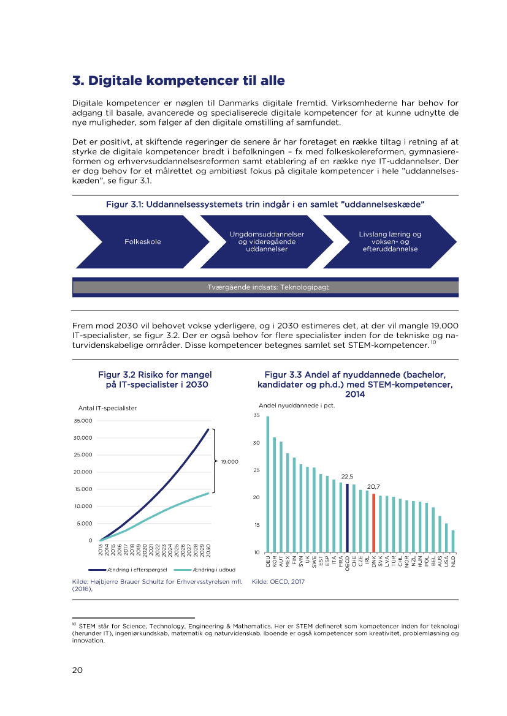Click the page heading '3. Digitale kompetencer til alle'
pos(178,81)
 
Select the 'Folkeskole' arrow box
pos(142,241)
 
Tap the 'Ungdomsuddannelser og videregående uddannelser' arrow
pos(267,241)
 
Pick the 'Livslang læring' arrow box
pos(390,241)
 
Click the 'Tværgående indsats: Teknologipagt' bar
pos(265,287)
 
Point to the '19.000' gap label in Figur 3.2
pos(229,461)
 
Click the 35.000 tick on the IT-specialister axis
pos(82,421)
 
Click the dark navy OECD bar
pos(348,518)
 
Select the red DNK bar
pos(373,522)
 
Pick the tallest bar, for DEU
pos(267,484)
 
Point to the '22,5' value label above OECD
pos(347,476)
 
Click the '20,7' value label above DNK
pos(373,486)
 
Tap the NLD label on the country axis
pos(453,560)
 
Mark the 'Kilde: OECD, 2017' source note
pos(278,582)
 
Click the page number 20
pos(77,670)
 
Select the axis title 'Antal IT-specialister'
pos(107,408)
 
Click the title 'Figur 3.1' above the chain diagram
pos(265,203)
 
